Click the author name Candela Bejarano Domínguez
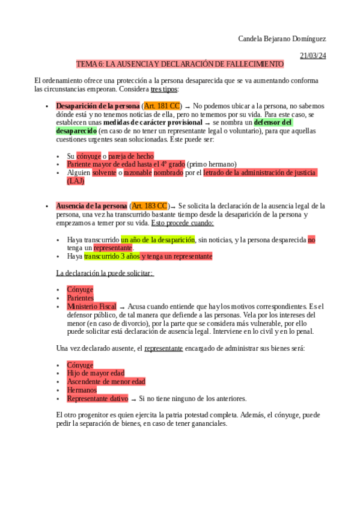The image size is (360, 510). point(282,39)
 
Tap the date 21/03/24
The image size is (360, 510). point(313,55)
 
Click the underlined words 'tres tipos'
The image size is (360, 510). point(164,89)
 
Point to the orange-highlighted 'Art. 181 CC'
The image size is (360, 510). point(162,106)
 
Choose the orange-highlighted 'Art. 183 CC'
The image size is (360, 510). point(150,206)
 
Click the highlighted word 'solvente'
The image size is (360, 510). point(104,173)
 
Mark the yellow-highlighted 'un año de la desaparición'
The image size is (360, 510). point(158,239)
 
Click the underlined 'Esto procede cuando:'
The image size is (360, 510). point(182,223)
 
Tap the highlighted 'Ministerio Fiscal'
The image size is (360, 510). point(91,306)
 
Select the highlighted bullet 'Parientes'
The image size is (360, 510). point(81,298)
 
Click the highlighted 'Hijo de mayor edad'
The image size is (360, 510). point(96,373)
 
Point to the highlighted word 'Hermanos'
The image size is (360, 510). point(82,390)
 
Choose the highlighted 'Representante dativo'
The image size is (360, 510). point(97,398)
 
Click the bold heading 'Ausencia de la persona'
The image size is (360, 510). point(91,206)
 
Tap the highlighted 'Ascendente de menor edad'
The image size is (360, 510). point(106,381)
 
